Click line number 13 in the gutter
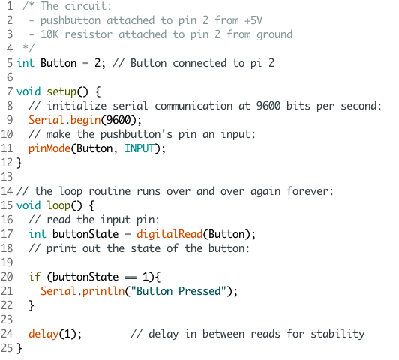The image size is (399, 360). tap(7, 177)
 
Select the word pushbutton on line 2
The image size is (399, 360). tap(70, 21)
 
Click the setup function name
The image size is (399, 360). tap(61, 91)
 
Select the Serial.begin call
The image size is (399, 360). tap(64, 120)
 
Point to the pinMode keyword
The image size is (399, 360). tap(49, 148)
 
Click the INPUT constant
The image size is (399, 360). tap(139, 148)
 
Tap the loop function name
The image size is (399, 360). tap(58, 205)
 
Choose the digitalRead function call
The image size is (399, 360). tap(169, 234)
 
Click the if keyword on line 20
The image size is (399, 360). tap(34, 277)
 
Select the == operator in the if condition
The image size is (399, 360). tap(130, 277)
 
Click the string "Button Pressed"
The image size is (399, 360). tap(178, 291)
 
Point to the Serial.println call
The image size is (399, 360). tap(82, 291)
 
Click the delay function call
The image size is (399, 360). tap(43, 334)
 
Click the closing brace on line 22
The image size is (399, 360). tap(31, 305)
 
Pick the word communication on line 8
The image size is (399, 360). tap(193, 106)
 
